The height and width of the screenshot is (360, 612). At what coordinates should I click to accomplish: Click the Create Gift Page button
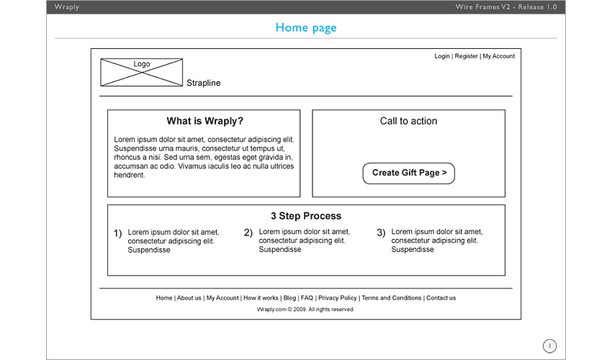point(409,173)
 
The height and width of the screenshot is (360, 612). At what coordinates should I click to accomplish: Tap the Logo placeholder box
point(142,72)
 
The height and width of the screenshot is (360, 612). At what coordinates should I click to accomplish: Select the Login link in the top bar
point(442,56)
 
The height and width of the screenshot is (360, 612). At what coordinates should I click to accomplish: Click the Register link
point(466,56)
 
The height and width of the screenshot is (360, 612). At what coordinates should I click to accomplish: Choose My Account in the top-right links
point(499,56)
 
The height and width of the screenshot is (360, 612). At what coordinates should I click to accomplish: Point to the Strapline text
point(203,83)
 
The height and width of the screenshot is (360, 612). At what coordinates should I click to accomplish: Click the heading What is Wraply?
point(205,121)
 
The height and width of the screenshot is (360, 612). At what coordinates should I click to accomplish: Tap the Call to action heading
point(409,121)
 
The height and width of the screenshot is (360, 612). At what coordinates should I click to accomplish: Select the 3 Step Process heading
point(306,216)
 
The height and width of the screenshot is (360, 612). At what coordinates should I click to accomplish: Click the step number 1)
point(118,233)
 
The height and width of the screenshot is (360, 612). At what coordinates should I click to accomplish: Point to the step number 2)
point(248,233)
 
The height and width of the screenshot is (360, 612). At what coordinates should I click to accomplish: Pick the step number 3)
point(381,233)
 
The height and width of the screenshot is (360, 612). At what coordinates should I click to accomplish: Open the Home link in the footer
point(164,298)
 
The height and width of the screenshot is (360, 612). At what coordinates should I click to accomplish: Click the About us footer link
point(189,298)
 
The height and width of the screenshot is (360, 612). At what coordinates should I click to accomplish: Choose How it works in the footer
point(261,298)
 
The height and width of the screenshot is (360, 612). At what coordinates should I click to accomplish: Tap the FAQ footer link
point(307,298)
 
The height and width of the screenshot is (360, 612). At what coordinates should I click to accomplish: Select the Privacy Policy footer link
point(338,298)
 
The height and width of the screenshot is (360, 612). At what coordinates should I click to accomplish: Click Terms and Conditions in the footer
point(392,298)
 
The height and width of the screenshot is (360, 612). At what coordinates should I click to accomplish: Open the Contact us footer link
point(441,298)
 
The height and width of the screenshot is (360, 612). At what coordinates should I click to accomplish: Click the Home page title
point(306,28)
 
